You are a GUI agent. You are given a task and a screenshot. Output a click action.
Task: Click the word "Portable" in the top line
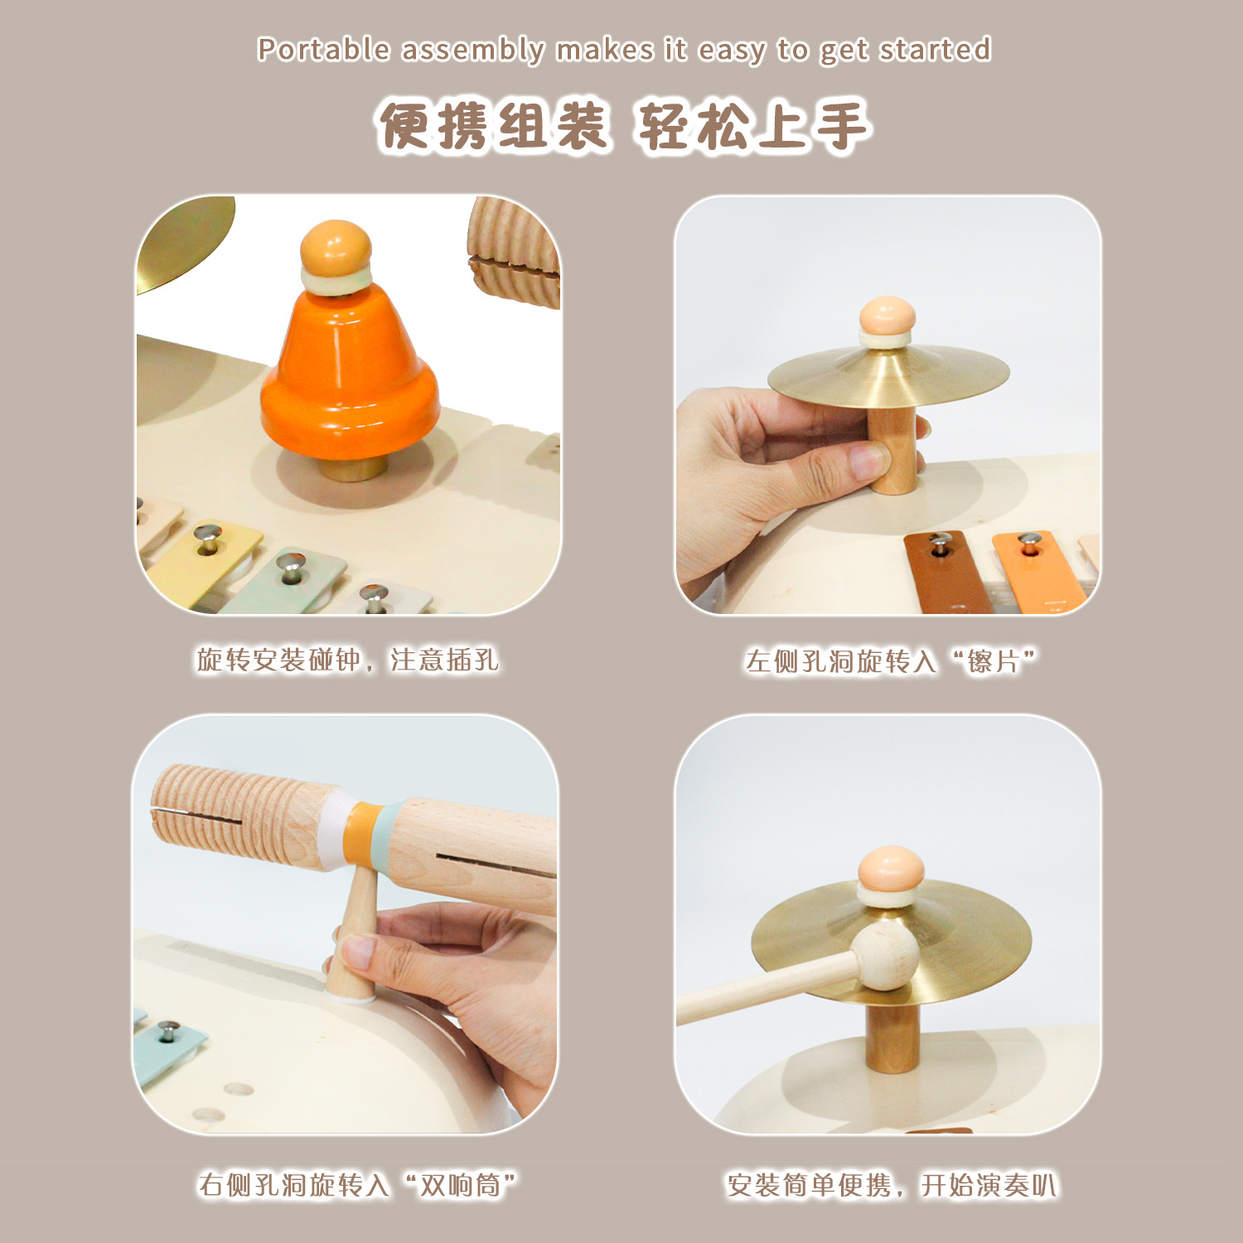pyautogui.click(x=322, y=50)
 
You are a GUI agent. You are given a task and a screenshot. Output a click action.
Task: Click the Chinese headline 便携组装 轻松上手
pyautogui.click(x=623, y=127)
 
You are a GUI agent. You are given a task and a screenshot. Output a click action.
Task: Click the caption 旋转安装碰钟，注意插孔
pyautogui.click(x=347, y=660)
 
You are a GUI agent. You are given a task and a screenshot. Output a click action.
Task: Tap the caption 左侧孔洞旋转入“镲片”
pyautogui.click(x=890, y=661)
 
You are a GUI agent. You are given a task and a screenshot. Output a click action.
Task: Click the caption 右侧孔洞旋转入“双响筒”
pyautogui.click(x=357, y=1185)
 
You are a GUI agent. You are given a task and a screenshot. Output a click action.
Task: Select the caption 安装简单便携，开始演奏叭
pyautogui.click(x=892, y=1185)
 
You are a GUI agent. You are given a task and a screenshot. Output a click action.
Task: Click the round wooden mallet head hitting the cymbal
pyautogui.click(x=887, y=957)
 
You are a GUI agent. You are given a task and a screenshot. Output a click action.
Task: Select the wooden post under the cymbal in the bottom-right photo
pyautogui.click(x=891, y=1036)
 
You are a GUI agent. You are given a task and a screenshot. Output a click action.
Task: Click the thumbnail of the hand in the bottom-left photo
pyautogui.click(x=358, y=950)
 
